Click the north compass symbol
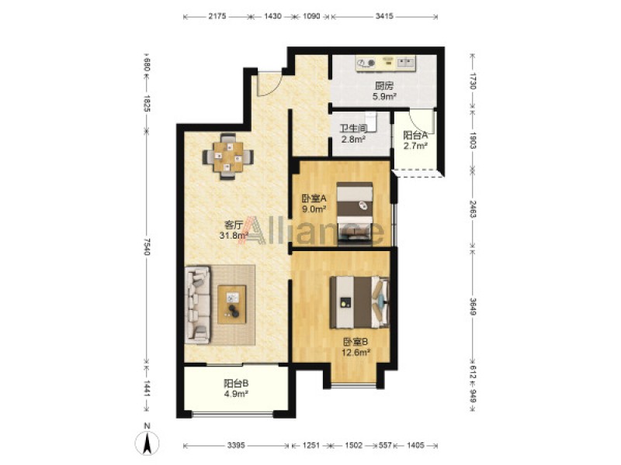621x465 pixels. pos(147,442)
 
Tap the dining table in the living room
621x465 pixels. pos(228,157)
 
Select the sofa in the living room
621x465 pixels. pos(198,305)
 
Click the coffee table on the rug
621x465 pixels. pos(231,305)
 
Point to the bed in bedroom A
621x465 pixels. pos(355,214)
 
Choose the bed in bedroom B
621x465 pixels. pos(359,302)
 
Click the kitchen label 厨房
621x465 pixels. pos(384,86)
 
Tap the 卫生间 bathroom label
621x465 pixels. pos(353,129)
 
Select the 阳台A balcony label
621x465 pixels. pos(415,135)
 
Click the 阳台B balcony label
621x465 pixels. pos(236,383)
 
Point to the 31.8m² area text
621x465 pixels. pos(234,236)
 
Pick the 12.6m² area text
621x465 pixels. pos(356,353)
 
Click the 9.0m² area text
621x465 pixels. pos(314,209)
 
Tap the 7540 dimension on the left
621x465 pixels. pos(147,246)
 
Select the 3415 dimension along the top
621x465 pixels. pos(384,16)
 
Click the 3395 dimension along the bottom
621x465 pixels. pos(236,445)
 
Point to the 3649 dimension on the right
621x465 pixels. pos(472,306)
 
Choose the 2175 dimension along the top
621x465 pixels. pos(217,16)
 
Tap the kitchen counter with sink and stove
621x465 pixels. pos(386,64)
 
